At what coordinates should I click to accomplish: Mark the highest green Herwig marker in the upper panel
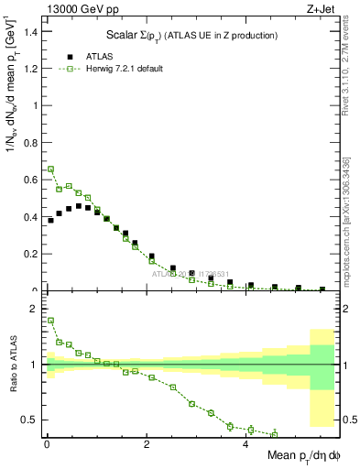pyautogui.click(x=50, y=169)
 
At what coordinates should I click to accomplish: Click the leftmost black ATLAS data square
pyautogui.click(x=50, y=220)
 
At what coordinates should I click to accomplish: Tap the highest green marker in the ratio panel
pyautogui.click(x=50, y=321)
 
